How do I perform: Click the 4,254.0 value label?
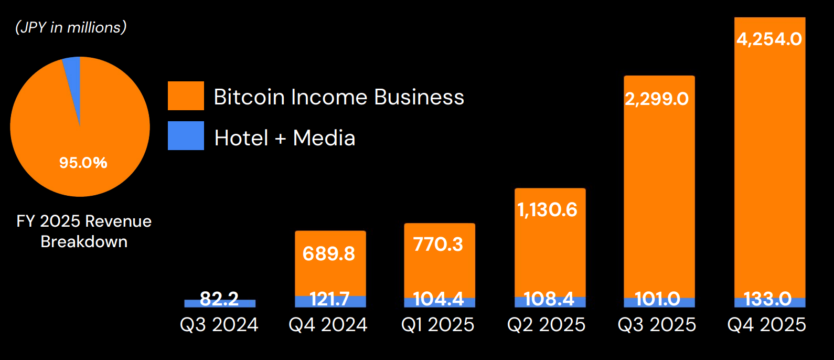(x=769, y=39)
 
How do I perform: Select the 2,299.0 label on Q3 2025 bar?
(x=657, y=99)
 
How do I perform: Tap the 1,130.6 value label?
(x=547, y=210)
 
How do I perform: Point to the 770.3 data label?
(x=438, y=244)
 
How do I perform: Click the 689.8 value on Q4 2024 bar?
(x=329, y=254)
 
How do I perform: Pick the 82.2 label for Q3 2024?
(x=219, y=299)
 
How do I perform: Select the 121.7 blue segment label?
(x=329, y=299)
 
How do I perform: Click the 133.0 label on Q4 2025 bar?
(x=767, y=299)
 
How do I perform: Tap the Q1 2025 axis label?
(x=437, y=325)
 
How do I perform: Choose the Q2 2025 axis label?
(x=546, y=325)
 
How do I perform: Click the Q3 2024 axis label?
(x=219, y=325)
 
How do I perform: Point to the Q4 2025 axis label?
(x=766, y=325)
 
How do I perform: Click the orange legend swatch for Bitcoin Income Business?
(x=186, y=96)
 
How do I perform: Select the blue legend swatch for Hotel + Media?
(x=186, y=135)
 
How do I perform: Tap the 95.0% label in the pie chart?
(x=83, y=163)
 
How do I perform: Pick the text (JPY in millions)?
(x=71, y=27)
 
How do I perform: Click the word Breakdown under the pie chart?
(x=84, y=241)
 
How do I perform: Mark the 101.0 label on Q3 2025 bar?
(x=657, y=299)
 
